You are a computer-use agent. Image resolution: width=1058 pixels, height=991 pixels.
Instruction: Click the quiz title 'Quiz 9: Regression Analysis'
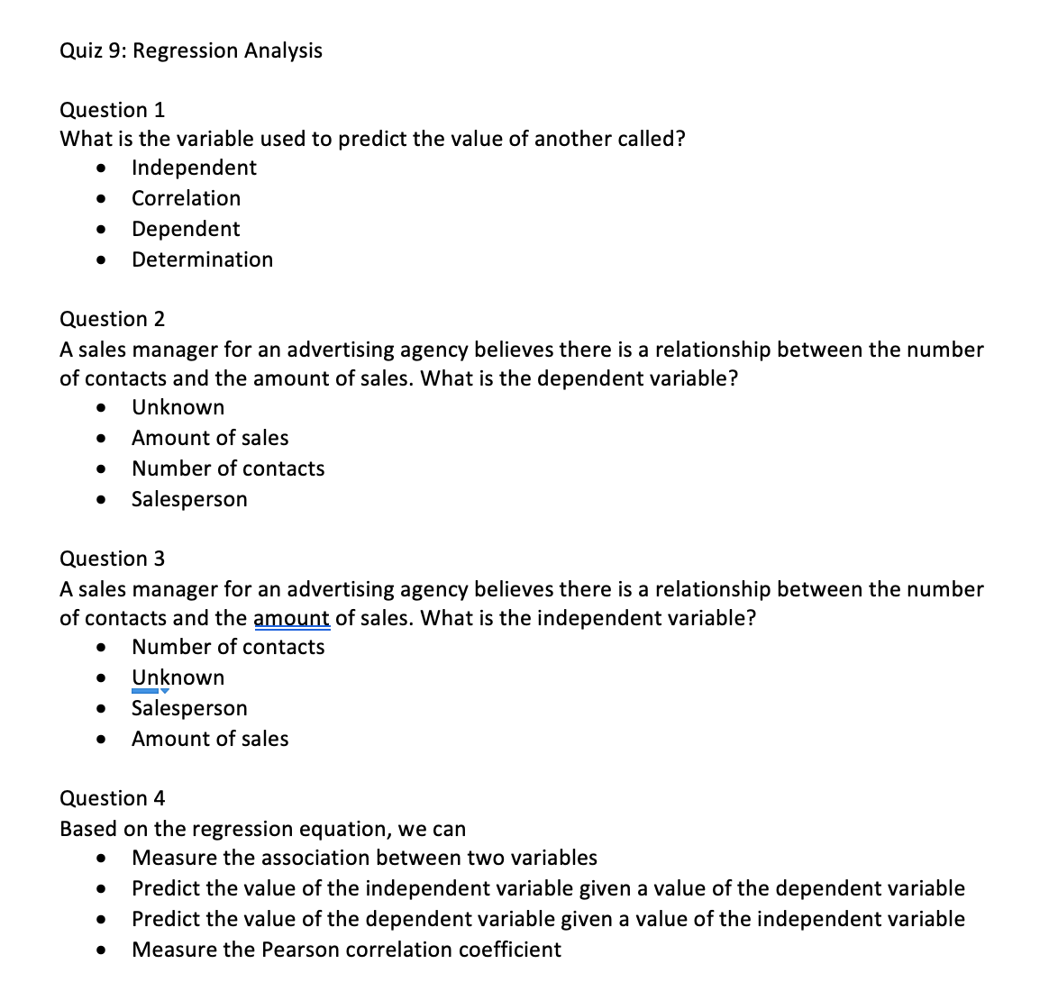[x=190, y=50]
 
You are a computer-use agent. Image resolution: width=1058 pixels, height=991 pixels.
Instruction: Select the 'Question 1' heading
[x=112, y=110]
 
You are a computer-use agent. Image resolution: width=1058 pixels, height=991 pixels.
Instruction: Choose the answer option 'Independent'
[x=194, y=168]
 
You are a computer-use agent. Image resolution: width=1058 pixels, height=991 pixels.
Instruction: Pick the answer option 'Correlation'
[x=186, y=198]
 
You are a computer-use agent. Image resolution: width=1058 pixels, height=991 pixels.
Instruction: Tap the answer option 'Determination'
[x=202, y=259]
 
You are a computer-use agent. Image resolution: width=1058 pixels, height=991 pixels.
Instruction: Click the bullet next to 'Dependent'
[x=105, y=230]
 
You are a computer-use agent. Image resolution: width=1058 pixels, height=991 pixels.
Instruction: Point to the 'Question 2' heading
[x=112, y=319]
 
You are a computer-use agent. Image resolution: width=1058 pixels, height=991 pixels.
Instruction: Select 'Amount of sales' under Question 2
[x=210, y=438]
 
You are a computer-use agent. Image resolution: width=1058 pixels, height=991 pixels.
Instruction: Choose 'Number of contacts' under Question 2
[x=228, y=468]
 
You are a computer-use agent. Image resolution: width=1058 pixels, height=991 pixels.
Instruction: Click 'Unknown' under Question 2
[x=178, y=407]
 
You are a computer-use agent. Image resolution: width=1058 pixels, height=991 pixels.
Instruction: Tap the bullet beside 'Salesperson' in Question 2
[x=105, y=500]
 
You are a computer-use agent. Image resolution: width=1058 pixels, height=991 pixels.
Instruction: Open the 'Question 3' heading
[x=112, y=559]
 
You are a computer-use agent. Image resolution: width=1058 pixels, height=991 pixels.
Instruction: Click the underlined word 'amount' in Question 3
[x=292, y=618]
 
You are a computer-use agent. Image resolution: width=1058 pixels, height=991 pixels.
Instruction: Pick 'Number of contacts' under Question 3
[x=228, y=647]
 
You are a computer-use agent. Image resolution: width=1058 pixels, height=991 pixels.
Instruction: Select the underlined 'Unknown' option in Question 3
[x=178, y=677]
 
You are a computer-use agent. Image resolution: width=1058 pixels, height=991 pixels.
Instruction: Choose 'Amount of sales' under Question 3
[x=210, y=739]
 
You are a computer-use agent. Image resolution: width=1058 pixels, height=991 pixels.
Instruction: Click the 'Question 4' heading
[x=112, y=798]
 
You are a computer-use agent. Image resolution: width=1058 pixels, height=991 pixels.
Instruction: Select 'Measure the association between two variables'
[x=364, y=858]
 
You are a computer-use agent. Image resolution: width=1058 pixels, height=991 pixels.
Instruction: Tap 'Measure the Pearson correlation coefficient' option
[x=346, y=950]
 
